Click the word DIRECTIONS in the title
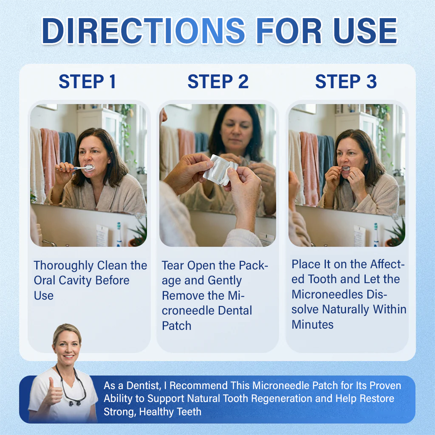coord(143,31)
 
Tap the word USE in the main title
coord(365,31)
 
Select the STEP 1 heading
coord(87,81)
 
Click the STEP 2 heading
coord(218,81)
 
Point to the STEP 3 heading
coord(346,81)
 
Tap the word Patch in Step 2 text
coord(176,326)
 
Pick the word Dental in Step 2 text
coord(235,311)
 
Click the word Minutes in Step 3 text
coord(313,325)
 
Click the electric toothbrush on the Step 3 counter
coord(376,234)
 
